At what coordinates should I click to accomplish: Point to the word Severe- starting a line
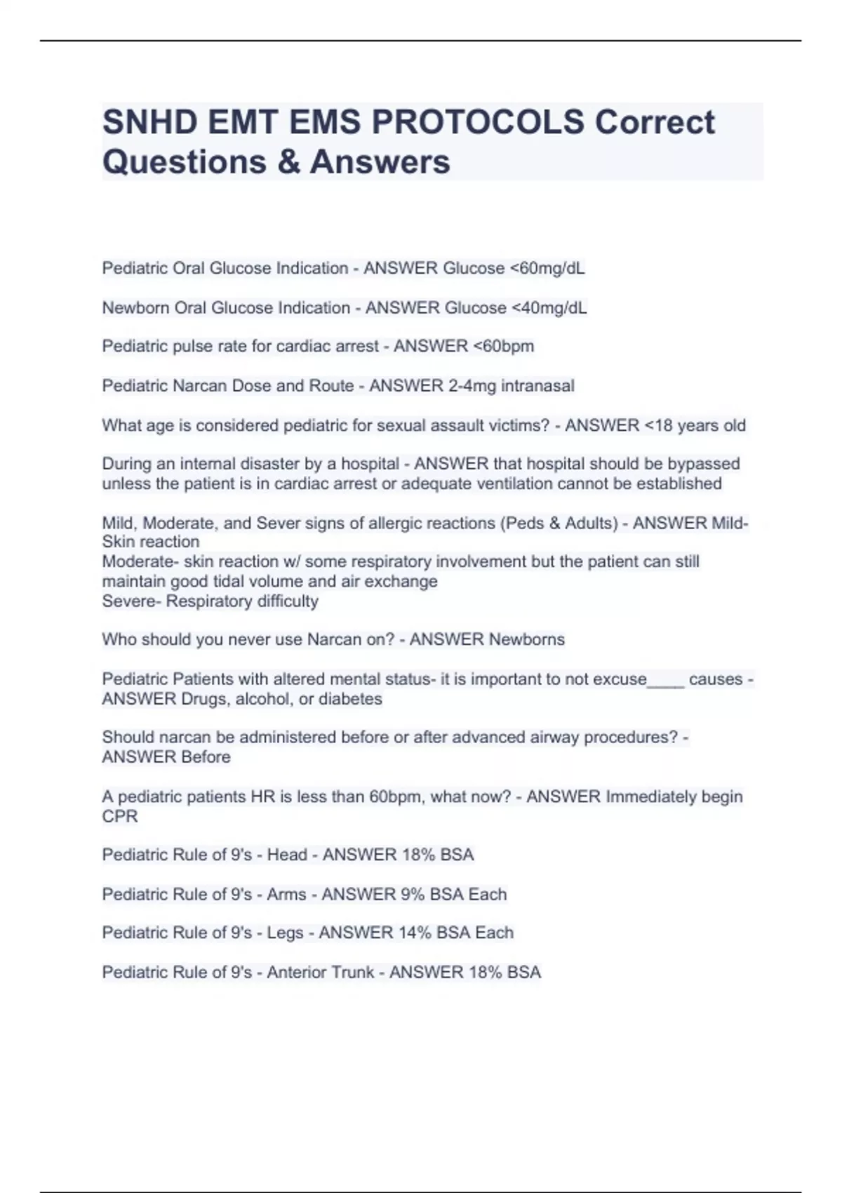[x=131, y=601]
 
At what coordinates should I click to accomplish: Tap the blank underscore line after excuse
[x=665, y=679]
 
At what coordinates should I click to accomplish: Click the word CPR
[x=120, y=816]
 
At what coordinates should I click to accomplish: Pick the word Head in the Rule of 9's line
[x=287, y=855]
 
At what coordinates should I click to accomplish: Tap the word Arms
[x=286, y=894]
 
